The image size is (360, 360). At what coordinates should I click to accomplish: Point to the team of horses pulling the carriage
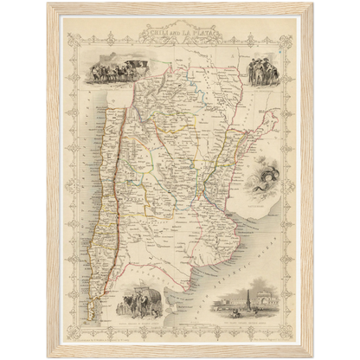click(x=97, y=71)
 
